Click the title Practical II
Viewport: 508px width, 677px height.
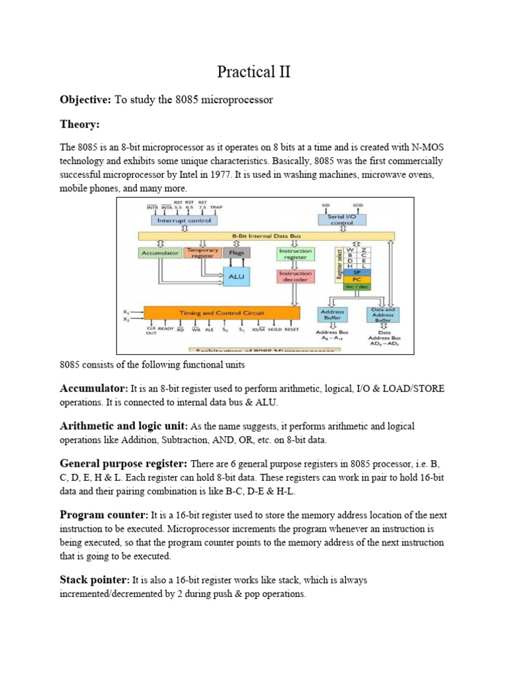(x=255, y=71)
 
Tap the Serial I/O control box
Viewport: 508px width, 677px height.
(x=342, y=219)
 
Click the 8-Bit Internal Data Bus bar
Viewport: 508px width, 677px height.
(x=266, y=235)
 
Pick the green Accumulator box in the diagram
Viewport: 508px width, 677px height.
(x=160, y=253)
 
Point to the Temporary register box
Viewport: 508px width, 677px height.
(x=202, y=253)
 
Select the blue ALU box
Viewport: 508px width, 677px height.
(x=237, y=277)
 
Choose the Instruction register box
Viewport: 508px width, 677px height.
(x=295, y=253)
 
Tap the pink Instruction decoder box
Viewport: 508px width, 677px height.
(x=295, y=276)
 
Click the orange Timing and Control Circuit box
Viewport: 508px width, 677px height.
(x=222, y=313)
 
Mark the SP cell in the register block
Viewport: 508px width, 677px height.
(x=357, y=271)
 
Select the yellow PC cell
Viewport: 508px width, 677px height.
(x=357, y=279)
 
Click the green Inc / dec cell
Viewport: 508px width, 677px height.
(x=357, y=287)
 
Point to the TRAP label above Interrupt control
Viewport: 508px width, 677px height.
(x=216, y=207)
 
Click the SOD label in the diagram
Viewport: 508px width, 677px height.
(x=358, y=206)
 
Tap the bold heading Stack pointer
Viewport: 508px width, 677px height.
(x=95, y=580)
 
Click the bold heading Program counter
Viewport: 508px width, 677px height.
(x=104, y=514)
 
